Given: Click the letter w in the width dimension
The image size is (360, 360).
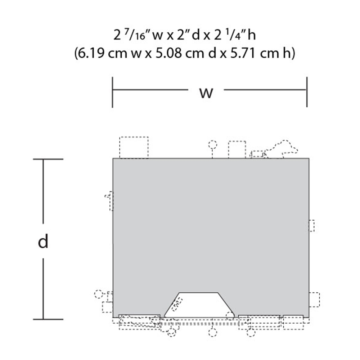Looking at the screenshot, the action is (206, 93).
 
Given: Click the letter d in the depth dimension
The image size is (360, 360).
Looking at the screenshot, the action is (43, 241).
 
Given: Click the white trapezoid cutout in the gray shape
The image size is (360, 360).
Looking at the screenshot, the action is (199, 305).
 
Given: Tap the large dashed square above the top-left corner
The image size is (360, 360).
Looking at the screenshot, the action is (134, 147).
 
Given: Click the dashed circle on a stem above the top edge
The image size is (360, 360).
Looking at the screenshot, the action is (213, 145).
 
